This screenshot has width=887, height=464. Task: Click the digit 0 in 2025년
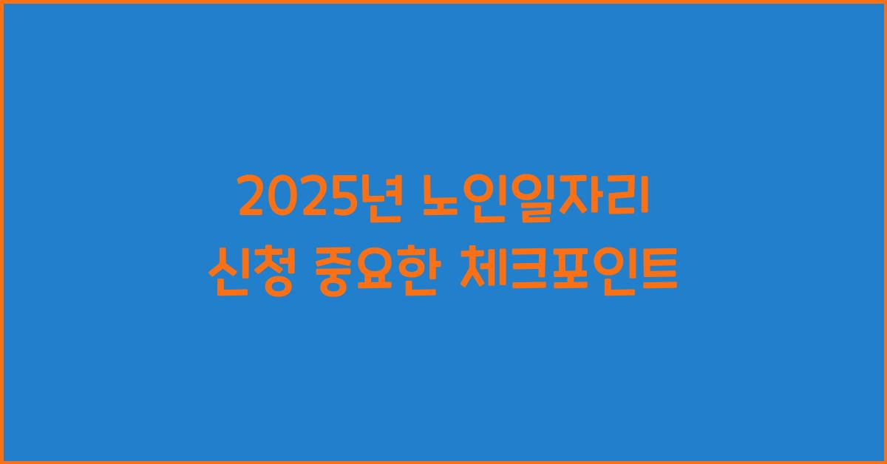(x=282, y=199)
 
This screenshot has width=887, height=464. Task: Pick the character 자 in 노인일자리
(x=582, y=199)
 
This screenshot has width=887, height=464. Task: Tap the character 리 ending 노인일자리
(x=628, y=199)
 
